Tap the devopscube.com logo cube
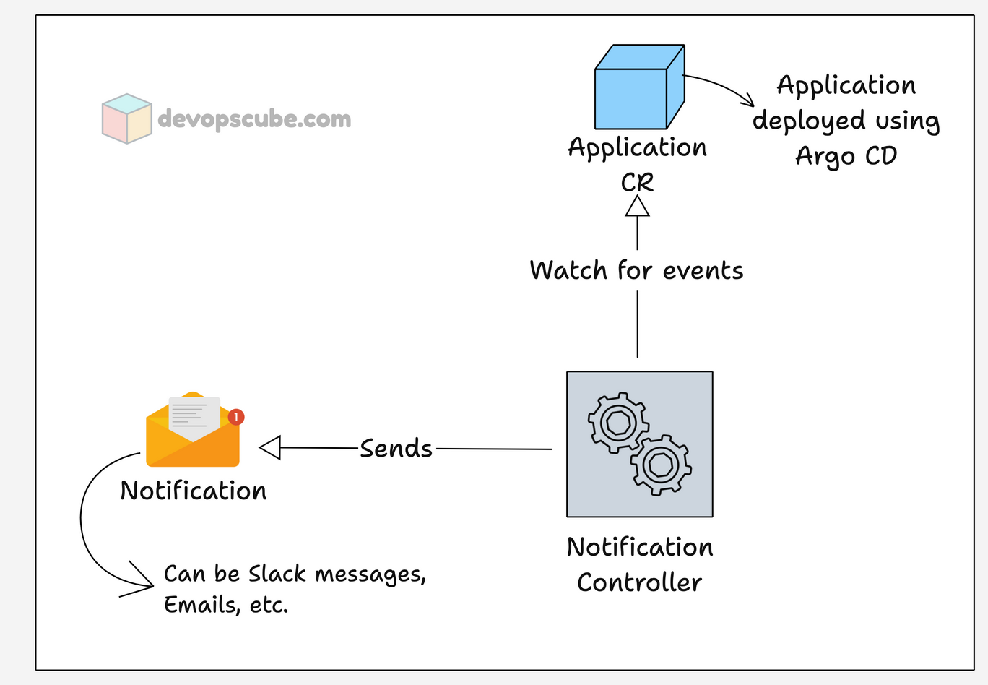[126, 119]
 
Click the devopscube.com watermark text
[254, 119]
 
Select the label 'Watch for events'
[636, 271]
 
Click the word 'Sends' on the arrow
[396, 449]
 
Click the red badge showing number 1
[236, 417]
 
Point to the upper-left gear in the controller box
[617, 422]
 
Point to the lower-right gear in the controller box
[661, 465]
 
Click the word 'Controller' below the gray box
[639, 582]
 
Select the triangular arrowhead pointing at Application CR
[637, 207]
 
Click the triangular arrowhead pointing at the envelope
[270, 448]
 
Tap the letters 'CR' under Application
[637, 182]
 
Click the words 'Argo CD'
[846, 156]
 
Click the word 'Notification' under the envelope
[194, 491]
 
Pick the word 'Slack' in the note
[277, 574]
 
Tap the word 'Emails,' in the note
[201, 605]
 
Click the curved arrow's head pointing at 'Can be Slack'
[142, 580]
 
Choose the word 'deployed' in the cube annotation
[808, 121]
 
